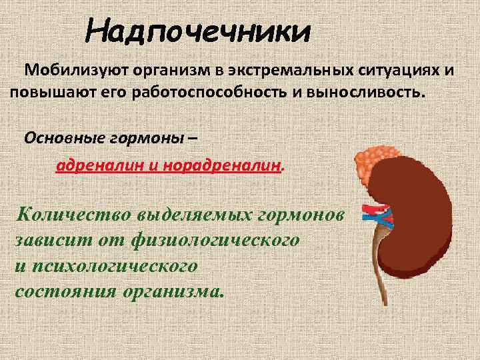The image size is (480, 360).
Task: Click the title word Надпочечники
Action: pyautogui.click(x=199, y=31)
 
